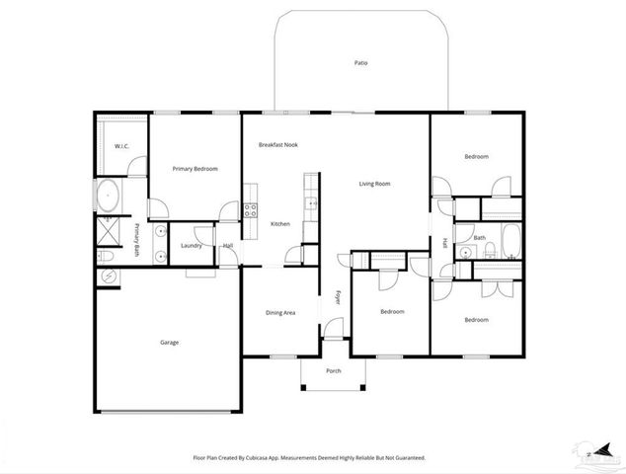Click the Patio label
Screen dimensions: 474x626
click(x=360, y=63)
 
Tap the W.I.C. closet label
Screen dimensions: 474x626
click(x=122, y=146)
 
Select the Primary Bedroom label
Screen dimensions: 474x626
click(x=195, y=169)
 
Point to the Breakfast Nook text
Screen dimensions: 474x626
click(x=278, y=145)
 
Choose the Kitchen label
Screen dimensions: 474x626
click(x=280, y=225)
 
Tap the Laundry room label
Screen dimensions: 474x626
click(x=192, y=245)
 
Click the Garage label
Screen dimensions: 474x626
click(x=170, y=343)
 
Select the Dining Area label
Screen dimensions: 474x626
click(x=280, y=313)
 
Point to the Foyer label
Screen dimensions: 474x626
click(x=338, y=296)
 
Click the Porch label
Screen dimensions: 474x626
click(x=334, y=372)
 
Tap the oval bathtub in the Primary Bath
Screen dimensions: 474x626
click(x=109, y=195)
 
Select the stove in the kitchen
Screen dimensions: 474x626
click(x=251, y=209)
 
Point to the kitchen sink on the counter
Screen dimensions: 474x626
click(x=311, y=204)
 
